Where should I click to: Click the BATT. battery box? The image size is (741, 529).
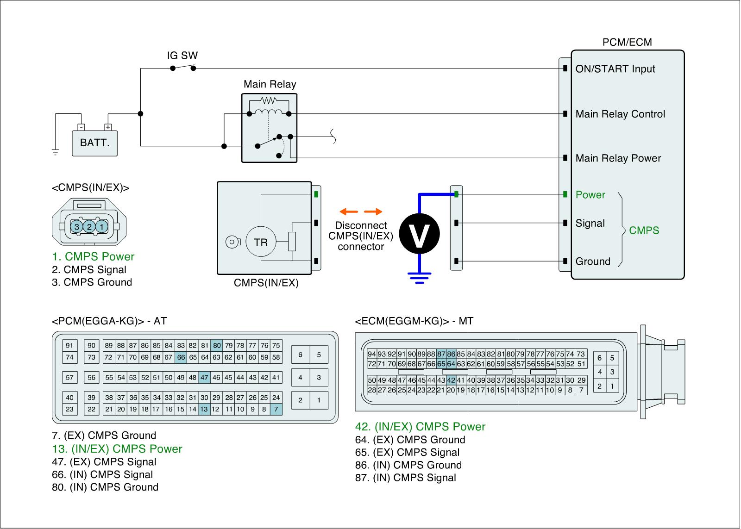[94, 143]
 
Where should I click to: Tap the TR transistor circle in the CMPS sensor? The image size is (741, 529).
[260, 242]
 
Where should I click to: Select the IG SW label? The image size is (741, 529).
[182, 56]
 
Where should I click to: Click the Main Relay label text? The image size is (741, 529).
[270, 84]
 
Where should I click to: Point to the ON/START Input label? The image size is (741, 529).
[615, 69]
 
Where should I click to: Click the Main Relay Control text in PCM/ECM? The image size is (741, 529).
[620, 114]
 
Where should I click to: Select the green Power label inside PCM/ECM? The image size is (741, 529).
[590, 195]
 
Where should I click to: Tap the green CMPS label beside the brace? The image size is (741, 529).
[644, 230]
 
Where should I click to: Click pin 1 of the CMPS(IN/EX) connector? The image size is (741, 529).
[102, 227]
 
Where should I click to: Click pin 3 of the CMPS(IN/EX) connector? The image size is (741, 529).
[77, 227]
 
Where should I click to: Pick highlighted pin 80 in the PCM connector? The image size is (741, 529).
[217, 345]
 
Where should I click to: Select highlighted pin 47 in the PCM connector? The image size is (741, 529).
[204, 377]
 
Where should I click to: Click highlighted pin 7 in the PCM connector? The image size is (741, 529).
[276, 409]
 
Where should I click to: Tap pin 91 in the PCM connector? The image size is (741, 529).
[69, 345]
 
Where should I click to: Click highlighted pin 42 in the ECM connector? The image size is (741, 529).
[451, 380]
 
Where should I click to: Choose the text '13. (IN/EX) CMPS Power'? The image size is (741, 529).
[117, 449]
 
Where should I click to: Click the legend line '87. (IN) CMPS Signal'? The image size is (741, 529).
[406, 478]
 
